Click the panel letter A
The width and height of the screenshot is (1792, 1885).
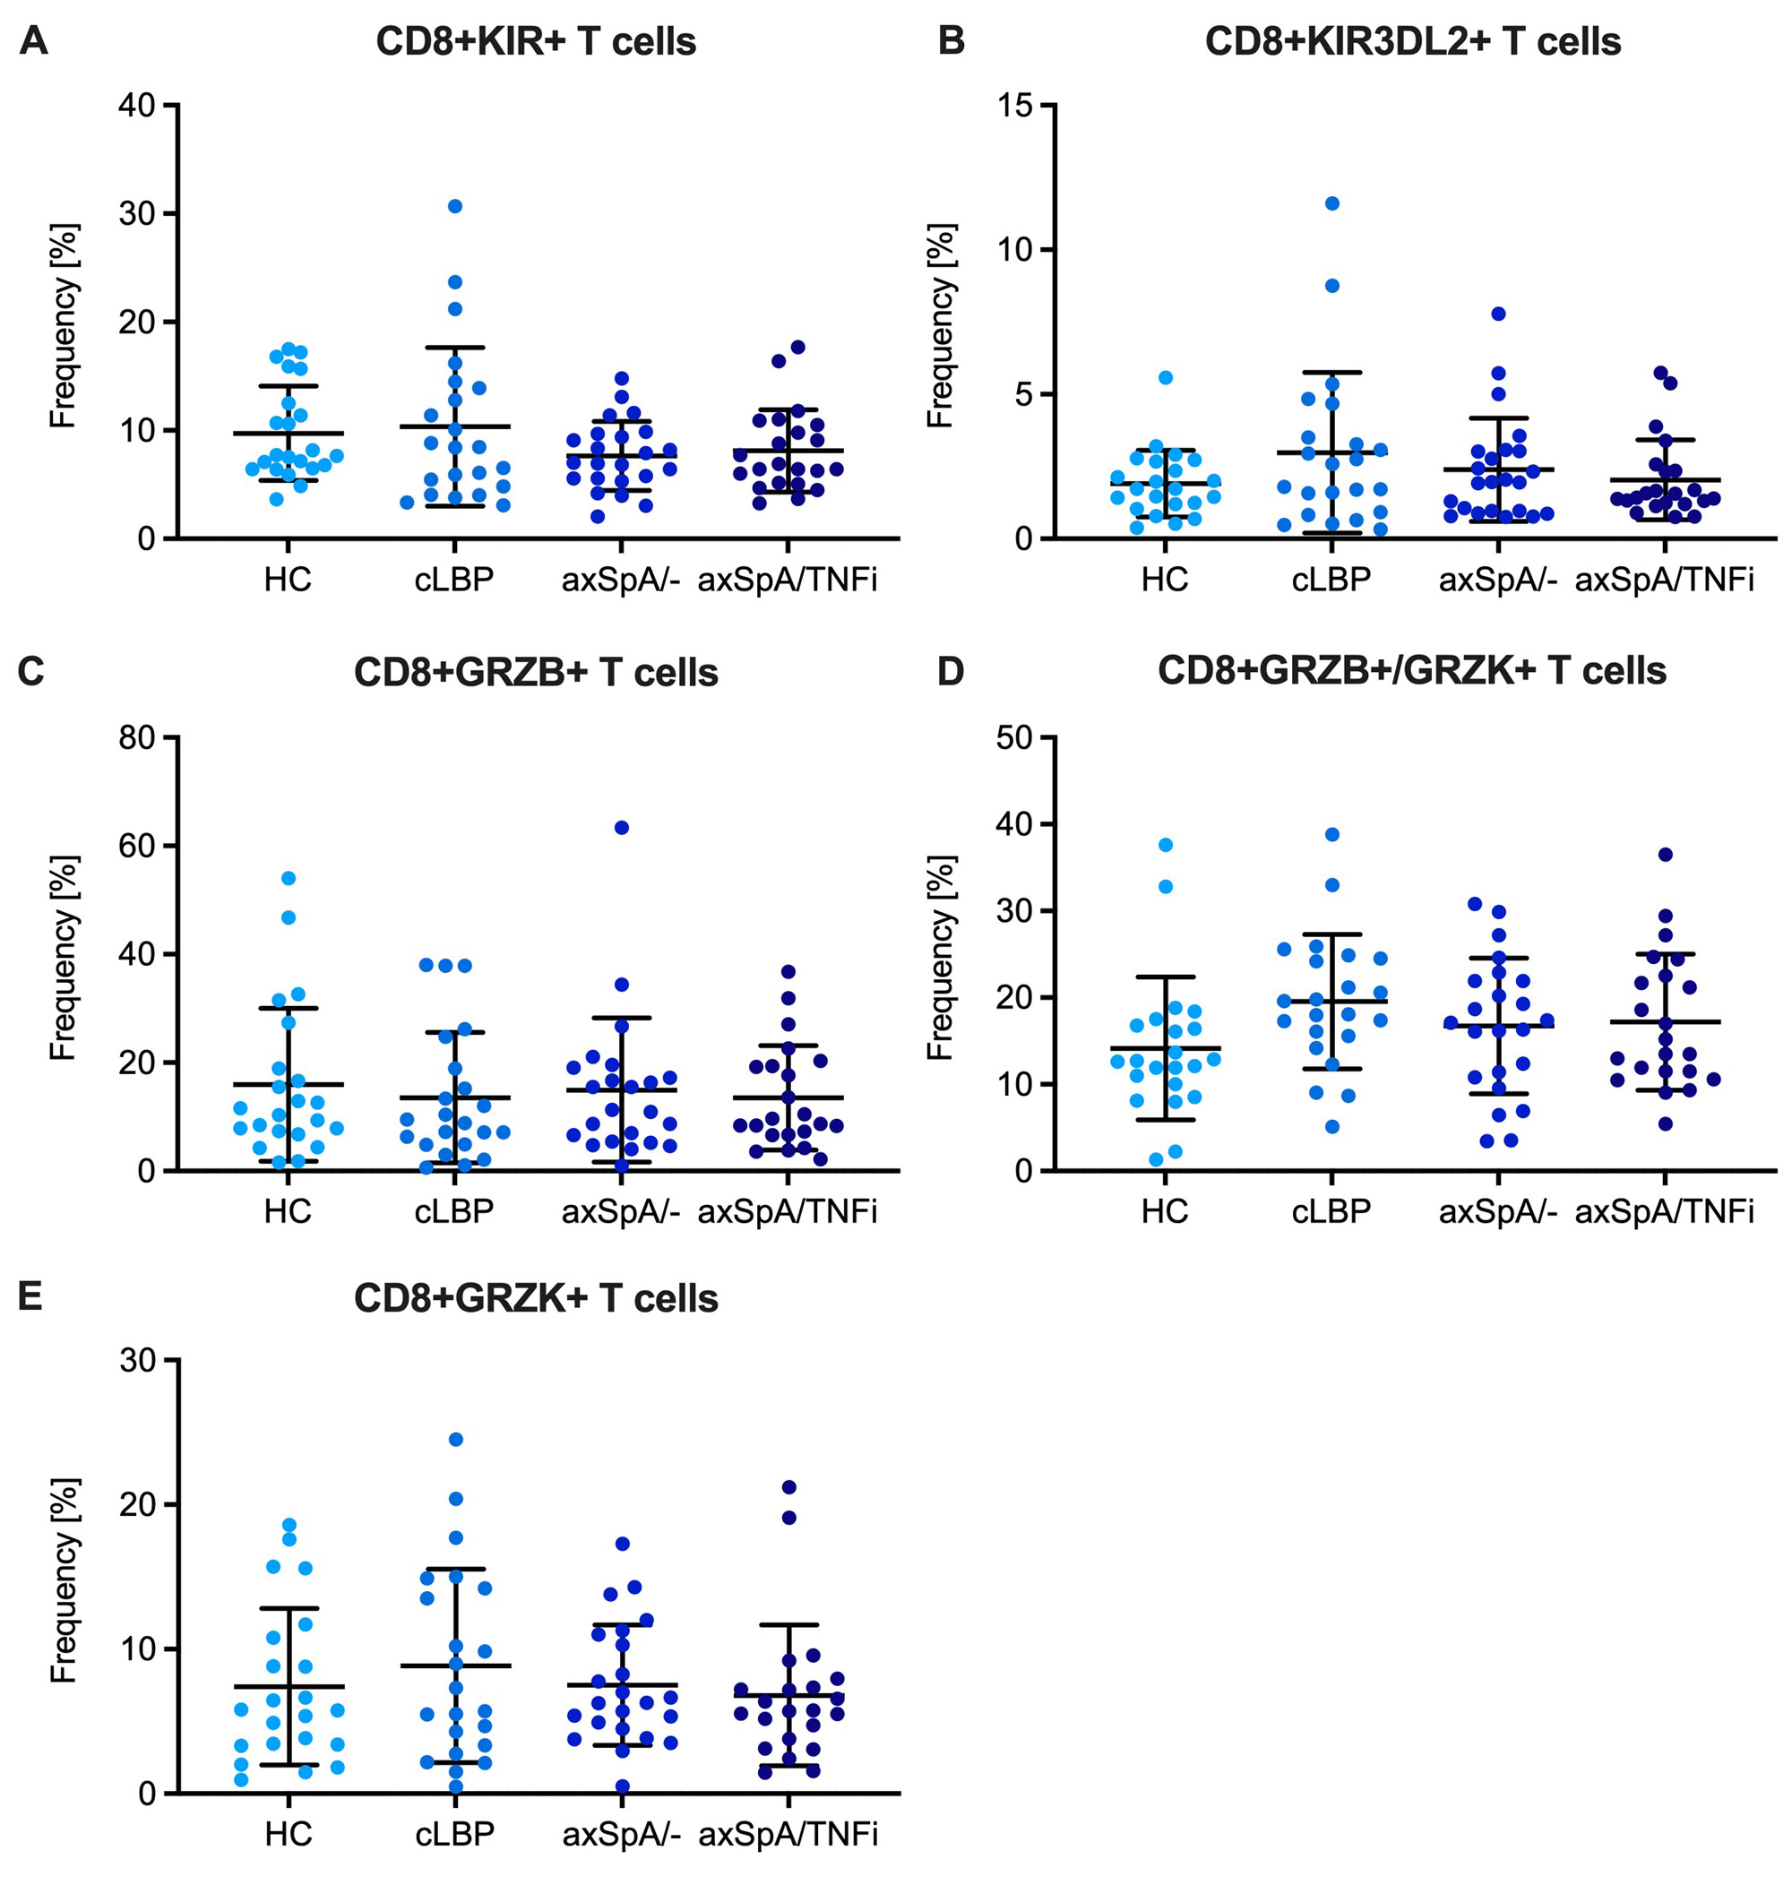point(32,41)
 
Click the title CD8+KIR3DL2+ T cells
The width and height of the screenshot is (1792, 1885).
point(1413,42)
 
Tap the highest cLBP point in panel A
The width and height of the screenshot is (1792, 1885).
point(454,206)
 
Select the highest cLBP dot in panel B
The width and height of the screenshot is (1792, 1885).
point(1331,203)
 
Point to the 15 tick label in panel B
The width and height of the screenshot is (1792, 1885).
point(1014,105)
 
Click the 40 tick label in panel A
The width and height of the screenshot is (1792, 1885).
point(136,105)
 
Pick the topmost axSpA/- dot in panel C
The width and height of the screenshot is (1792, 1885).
point(622,828)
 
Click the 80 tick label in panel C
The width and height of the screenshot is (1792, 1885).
point(136,738)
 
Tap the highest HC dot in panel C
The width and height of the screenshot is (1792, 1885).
point(289,879)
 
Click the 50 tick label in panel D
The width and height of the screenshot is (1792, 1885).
point(1014,738)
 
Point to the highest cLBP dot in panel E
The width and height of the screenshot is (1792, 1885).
point(456,1439)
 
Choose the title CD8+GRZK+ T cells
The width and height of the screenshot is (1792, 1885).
point(536,1299)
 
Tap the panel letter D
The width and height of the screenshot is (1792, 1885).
point(951,671)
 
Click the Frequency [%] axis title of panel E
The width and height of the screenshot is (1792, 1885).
point(63,1581)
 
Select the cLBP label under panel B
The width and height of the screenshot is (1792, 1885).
point(1331,580)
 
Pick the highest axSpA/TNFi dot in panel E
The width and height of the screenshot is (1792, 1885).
point(789,1487)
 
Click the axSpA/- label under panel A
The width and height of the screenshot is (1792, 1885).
point(621,580)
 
